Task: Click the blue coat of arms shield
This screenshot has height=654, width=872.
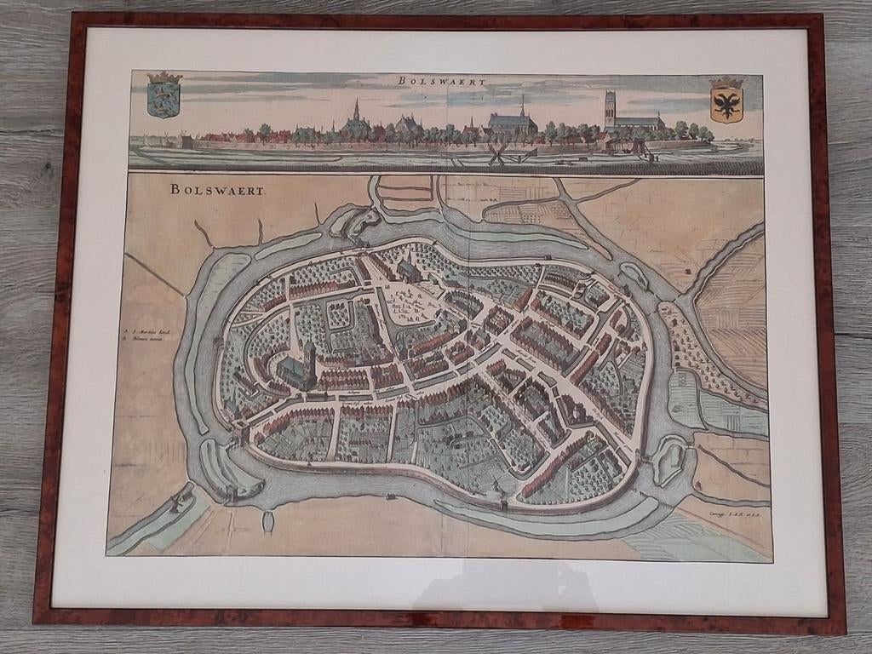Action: pos(164,100)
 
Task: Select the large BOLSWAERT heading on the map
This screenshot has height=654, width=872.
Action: pos(217,189)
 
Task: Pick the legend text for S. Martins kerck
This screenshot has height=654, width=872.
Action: pos(145,330)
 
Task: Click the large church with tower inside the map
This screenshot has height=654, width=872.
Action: pos(299,369)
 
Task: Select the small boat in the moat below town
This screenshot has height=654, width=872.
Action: pos(268,521)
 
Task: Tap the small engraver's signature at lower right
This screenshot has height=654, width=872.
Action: pos(725,513)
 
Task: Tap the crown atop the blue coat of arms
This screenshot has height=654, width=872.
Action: pos(164,77)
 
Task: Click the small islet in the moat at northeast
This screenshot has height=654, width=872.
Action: pos(634,275)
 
